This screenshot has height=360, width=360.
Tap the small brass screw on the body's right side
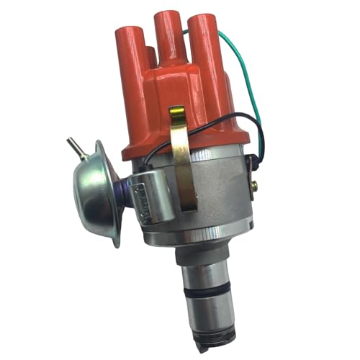(255, 186)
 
